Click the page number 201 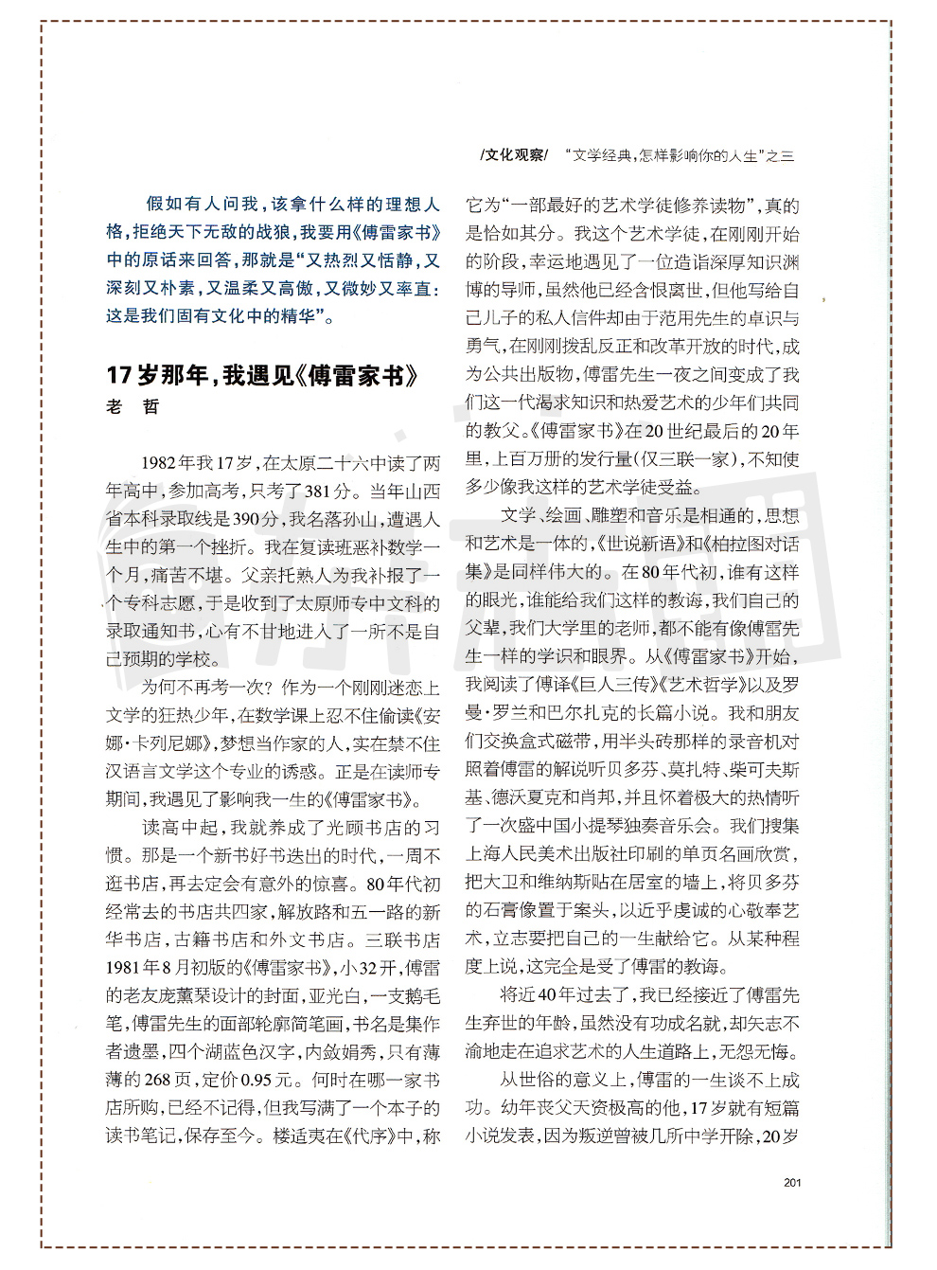(792, 1181)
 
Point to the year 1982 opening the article (157, 463)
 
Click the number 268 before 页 (157, 1079)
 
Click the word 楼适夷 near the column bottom (299, 1135)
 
